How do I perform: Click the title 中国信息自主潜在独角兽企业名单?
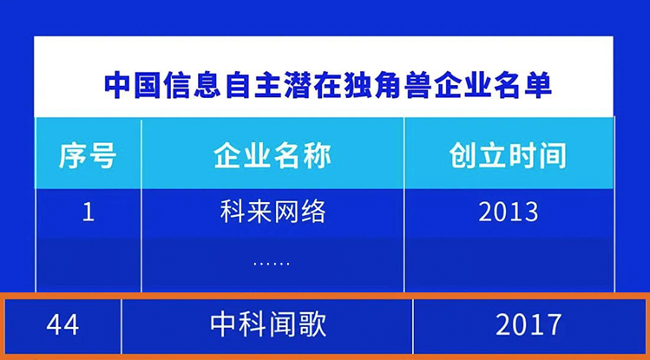coord(327,85)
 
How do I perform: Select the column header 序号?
coord(88,156)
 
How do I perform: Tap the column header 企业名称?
coord(272,156)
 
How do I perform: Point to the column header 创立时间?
coord(508,156)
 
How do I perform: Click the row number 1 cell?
coord(89,212)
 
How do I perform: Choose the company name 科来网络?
coord(272,212)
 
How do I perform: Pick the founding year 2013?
coord(509,212)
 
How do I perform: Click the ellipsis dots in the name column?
coord(272,263)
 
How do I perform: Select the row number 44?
coord(62,324)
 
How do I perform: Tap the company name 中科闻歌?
coord(268,324)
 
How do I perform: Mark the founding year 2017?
coord(529,324)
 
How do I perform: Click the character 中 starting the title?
coord(118,85)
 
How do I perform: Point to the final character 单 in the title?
coord(538,85)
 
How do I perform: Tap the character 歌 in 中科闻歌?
coord(312,324)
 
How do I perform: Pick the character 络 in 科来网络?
coord(313,212)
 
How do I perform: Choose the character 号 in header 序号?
coord(102,156)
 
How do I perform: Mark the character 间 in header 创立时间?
coord(553,156)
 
